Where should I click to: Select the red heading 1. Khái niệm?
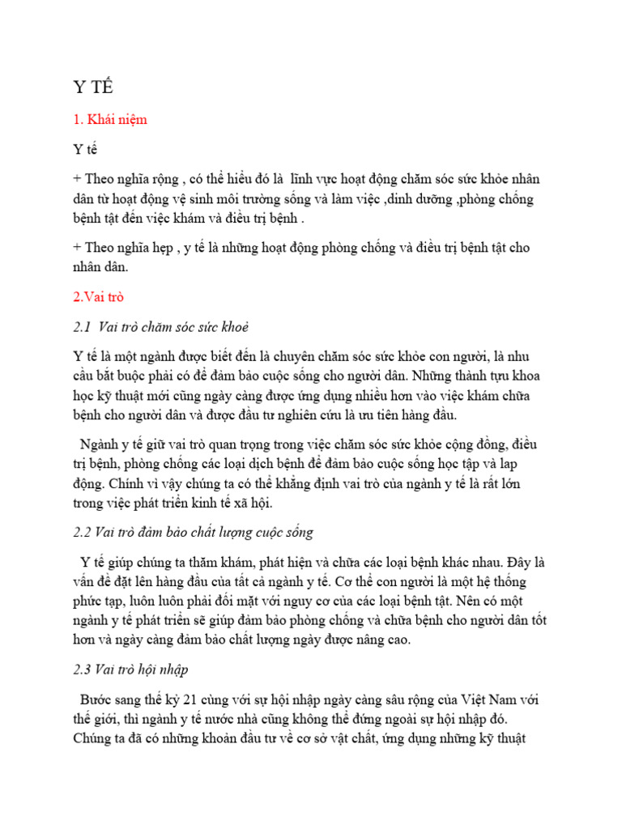[110, 120]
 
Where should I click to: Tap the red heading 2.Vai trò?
[98, 297]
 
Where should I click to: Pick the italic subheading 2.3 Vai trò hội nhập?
[130, 670]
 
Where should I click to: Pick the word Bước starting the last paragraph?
[97, 699]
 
